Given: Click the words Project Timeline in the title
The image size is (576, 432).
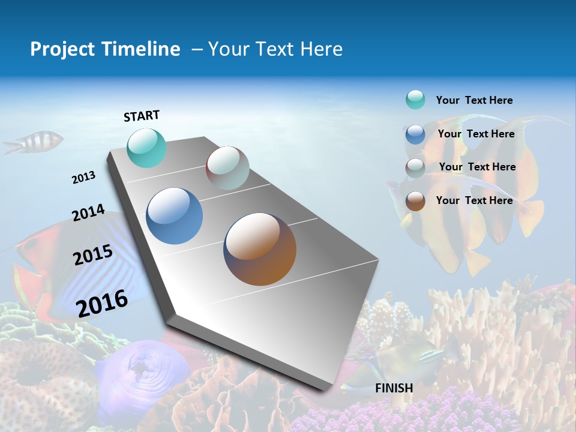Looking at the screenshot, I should [105, 49].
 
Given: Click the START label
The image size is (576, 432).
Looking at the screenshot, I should [142, 116].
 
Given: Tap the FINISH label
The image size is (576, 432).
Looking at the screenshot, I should [394, 388].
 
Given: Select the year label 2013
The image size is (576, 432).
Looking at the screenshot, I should [83, 178].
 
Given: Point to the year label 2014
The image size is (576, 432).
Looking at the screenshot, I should [88, 213].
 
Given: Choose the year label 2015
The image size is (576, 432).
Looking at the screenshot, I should [93, 255].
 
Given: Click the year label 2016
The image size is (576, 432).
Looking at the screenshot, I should [102, 303].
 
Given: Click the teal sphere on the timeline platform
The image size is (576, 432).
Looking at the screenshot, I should [146, 148].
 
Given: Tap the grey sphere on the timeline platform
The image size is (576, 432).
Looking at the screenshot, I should [227, 168].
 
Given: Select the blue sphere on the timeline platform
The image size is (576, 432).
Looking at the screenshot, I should [174, 216].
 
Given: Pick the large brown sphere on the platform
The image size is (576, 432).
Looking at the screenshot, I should [260, 249].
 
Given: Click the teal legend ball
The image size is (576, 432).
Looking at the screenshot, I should [415, 100].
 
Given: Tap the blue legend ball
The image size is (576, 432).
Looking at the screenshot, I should [415, 134].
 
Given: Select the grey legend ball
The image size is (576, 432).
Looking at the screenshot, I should [415, 168].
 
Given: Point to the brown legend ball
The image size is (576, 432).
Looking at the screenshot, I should [415, 201].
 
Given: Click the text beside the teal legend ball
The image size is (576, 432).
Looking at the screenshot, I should [474, 101].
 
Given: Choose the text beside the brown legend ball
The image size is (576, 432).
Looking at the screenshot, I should [474, 200].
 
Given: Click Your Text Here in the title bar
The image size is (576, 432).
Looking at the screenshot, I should [275, 49].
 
